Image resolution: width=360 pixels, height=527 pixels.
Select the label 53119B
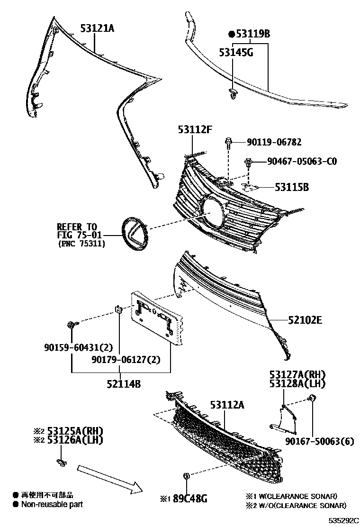(x=250, y=34)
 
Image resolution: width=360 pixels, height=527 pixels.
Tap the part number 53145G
(x=236, y=52)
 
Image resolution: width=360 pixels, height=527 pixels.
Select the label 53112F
(x=195, y=129)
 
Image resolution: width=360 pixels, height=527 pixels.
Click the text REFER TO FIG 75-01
(x=77, y=231)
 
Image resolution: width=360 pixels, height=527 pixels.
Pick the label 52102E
(x=305, y=320)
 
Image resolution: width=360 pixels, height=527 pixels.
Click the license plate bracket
(x=156, y=315)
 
